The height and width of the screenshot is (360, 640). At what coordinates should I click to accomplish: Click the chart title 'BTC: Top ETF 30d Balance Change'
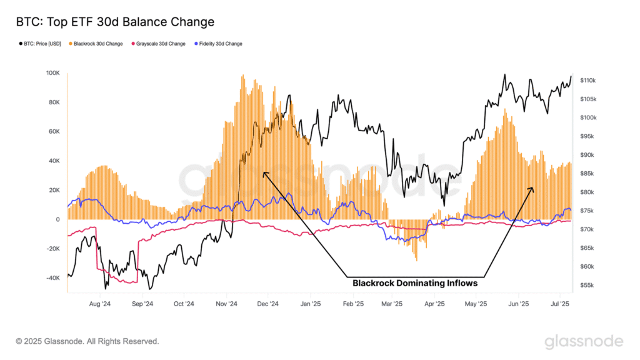point(115,22)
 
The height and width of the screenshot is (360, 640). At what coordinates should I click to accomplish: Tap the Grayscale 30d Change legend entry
point(158,44)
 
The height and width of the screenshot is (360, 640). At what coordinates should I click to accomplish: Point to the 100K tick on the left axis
point(52,73)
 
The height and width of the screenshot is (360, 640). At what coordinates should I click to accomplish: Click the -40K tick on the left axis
point(52,278)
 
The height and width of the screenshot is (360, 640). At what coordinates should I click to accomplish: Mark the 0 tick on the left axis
point(57,219)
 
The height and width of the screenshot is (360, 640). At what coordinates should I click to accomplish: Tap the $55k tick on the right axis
point(587,285)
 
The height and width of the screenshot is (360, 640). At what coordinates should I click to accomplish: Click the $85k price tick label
point(587,174)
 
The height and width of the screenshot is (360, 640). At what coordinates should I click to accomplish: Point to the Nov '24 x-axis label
point(226,304)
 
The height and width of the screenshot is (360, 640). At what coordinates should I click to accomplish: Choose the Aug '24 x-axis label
point(99,304)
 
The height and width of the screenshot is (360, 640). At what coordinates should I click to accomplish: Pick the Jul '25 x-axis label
point(560,304)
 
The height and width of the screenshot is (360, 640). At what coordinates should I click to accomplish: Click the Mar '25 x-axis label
point(392,304)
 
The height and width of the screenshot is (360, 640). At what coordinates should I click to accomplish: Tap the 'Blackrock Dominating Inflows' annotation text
point(415,283)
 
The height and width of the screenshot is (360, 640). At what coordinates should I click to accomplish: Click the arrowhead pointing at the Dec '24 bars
point(265,174)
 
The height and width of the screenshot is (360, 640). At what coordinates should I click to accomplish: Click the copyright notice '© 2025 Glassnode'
point(87,341)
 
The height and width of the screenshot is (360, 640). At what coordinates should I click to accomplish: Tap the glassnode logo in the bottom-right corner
point(584,341)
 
